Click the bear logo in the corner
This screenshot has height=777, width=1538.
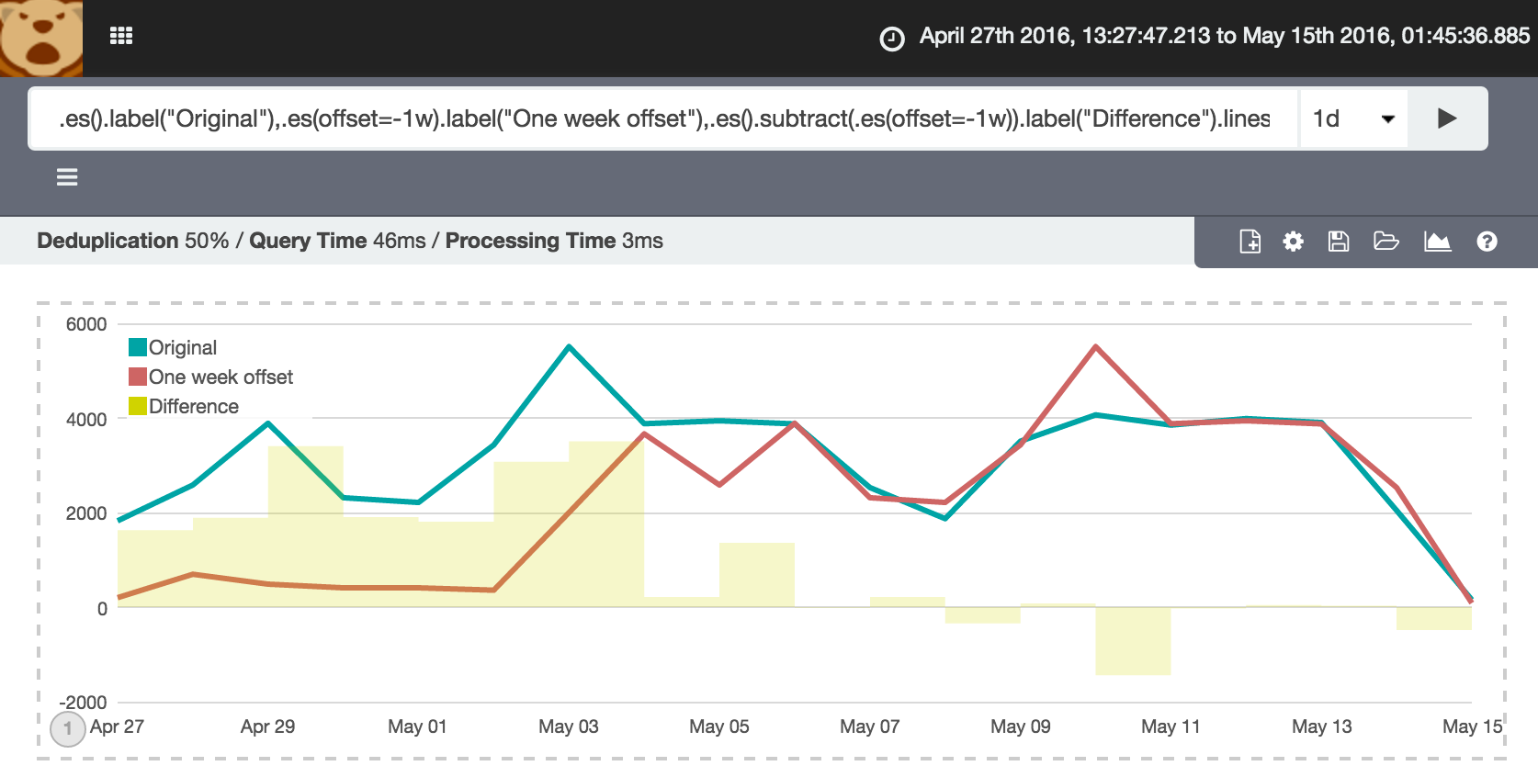tap(40, 38)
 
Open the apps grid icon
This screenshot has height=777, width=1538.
tap(121, 36)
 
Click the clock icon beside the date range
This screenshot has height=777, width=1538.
tap(892, 39)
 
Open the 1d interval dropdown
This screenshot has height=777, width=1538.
tap(1353, 118)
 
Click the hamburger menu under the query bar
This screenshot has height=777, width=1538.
tap(67, 177)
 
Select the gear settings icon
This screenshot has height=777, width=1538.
tap(1294, 242)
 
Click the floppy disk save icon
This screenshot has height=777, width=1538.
tap(1339, 242)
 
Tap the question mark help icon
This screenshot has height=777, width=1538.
tap(1487, 242)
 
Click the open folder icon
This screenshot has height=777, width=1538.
tap(1385, 242)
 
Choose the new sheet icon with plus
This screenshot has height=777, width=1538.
tap(1250, 242)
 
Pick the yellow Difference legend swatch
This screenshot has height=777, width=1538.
tap(138, 406)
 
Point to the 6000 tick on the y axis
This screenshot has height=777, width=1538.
tap(86, 324)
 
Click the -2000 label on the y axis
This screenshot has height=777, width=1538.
tap(83, 703)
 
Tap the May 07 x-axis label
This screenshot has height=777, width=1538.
tap(869, 726)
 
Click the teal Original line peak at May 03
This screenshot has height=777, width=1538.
tap(570, 346)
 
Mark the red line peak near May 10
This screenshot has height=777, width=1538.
tap(1096, 346)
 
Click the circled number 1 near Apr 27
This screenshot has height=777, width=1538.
tap(68, 729)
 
